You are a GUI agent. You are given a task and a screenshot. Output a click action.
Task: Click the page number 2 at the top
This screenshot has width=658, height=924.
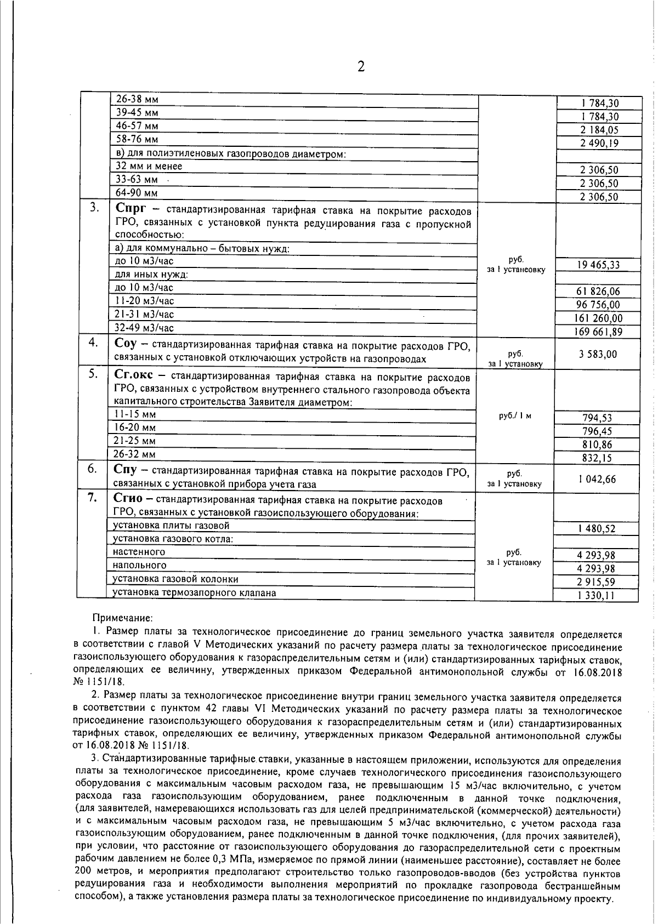360,67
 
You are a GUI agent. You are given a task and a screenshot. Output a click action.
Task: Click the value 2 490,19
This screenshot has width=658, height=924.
598,144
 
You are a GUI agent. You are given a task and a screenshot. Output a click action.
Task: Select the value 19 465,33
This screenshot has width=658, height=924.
598,265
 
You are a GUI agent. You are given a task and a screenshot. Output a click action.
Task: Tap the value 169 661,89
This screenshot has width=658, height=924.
598,332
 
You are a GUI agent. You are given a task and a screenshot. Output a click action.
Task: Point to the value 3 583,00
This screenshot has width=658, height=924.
598,354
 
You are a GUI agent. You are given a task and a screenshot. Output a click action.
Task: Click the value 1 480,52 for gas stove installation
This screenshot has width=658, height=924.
597,529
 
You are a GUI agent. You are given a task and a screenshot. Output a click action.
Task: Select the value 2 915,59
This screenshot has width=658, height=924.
597,582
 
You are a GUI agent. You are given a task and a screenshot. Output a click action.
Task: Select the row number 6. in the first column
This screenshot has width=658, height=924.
92,469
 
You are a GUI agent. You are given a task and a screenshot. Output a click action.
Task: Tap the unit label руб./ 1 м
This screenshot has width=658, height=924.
515,416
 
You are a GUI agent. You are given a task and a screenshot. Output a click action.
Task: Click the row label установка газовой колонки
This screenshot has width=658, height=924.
175,579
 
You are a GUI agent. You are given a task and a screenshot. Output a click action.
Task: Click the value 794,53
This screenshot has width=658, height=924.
597,418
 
